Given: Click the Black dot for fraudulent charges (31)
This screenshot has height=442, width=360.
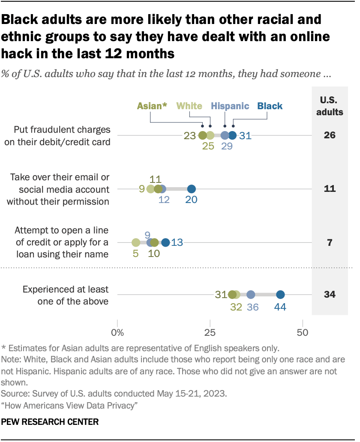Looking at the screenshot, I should [x=232, y=136].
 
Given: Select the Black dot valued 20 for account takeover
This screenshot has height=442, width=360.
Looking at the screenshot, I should [x=192, y=189].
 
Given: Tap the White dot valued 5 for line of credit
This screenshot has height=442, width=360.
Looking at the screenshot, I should [x=136, y=242].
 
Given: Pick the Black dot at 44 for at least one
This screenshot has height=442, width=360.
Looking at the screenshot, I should [x=280, y=295].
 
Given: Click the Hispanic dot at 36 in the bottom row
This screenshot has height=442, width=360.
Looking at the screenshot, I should [x=251, y=295].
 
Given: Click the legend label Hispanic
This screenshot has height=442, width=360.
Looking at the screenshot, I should [x=230, y=106].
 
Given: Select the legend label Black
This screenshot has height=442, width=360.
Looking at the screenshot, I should [x=270, y=106].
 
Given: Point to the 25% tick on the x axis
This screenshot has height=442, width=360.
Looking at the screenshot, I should [x=210, y=332].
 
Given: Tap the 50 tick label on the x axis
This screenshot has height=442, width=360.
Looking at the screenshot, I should [x=303, y=332].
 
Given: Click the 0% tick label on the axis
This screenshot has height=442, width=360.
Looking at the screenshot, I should [x=117, y=332].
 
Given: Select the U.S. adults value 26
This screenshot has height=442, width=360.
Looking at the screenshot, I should [x=329, y=136].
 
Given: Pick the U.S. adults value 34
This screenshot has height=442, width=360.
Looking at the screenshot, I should [x=329, y=295].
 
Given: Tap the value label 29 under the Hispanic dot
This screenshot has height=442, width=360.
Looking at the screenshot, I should [x=227, y=147].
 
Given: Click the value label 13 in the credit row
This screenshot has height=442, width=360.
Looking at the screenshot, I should [x=177, y=242].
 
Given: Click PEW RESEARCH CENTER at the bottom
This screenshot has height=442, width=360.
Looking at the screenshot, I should [x=50, y=422].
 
